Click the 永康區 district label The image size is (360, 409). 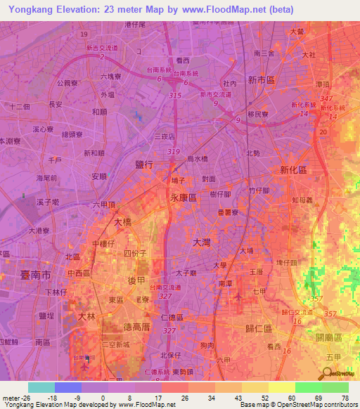182,198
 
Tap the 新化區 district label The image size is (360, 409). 293,170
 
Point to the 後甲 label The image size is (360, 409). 136,280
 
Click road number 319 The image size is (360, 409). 174,152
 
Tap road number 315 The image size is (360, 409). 176,95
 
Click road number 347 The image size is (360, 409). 325,98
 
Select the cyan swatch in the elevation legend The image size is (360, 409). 41,387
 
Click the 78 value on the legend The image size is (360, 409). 345,397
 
